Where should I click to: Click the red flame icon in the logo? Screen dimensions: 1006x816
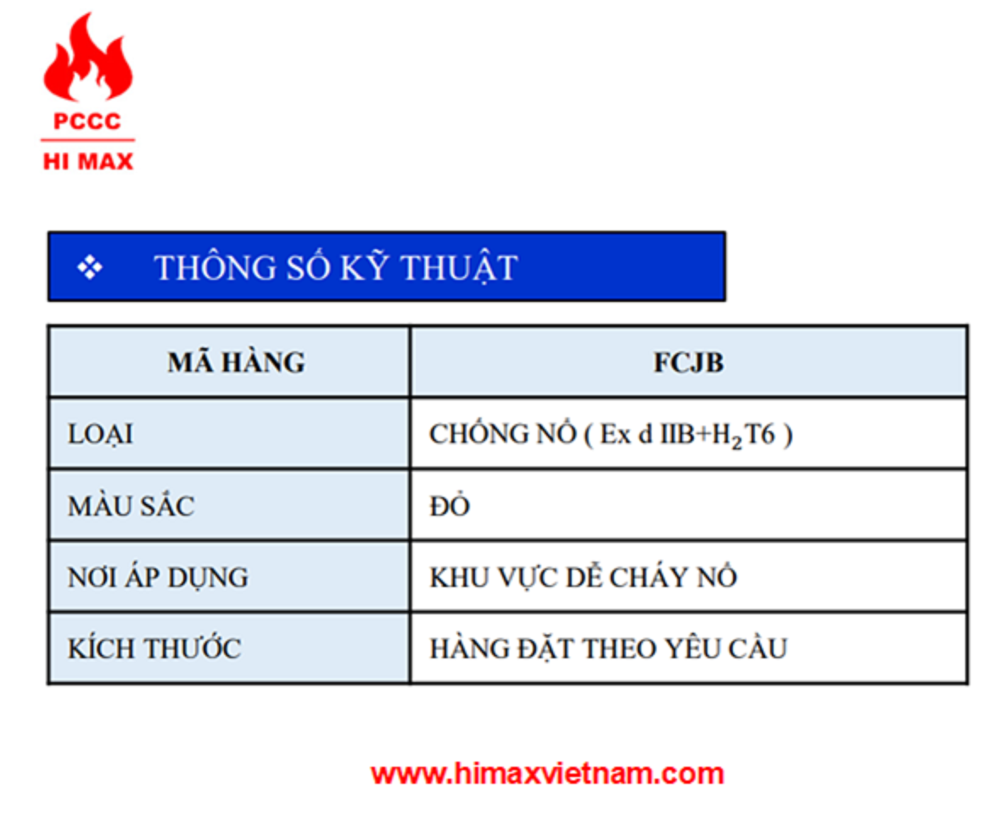click(88, 59)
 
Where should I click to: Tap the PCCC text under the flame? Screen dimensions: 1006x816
click(88, 122)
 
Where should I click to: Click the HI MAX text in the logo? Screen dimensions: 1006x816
click(88, 162)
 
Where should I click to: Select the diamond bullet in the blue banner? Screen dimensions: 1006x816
click(90, 267)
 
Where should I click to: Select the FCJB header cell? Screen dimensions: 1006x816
click(689, 362)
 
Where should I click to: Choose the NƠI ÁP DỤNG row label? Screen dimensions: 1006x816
click(158, 577)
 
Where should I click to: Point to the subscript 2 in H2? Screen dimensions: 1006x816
click(736, 443)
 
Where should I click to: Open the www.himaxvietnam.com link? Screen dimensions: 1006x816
click(548, 774)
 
